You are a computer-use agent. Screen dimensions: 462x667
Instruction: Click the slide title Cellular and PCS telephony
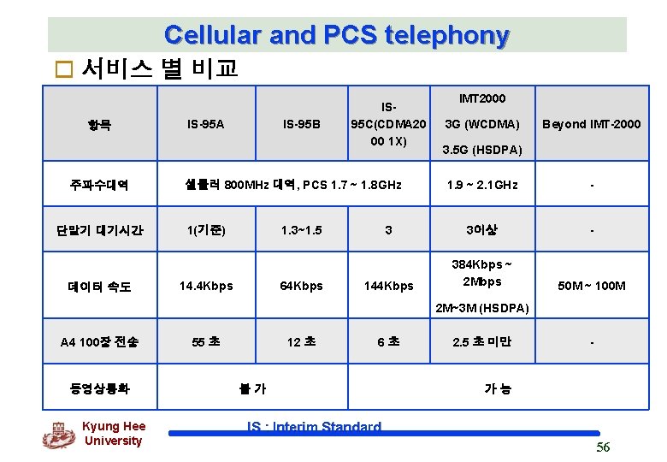point(337,35)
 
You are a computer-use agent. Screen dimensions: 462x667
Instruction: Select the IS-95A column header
point(205,125)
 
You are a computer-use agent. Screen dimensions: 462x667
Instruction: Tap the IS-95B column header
point(301,125)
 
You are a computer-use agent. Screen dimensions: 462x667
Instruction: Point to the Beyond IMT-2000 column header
point(590,125)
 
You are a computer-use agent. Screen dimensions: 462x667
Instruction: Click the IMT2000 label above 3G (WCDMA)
point(482,99)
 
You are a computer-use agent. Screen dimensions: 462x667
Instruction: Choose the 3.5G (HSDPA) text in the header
point(482,151)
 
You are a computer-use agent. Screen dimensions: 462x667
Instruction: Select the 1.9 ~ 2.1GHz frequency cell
point(482,185)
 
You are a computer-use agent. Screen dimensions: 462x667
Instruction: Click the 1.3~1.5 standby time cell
point(301,230)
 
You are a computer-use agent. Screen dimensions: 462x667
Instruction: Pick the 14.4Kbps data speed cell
point(205,286)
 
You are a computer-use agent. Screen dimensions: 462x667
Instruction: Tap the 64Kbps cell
point(301,286)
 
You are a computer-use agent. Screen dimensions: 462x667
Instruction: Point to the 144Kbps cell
point(389,286)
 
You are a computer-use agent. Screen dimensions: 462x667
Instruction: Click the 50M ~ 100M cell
point(590,286)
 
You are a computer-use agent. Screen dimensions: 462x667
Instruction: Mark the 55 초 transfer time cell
point(205,342)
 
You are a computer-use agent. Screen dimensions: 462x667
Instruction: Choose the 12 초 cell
point(301,342)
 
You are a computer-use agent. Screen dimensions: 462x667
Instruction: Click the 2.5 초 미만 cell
point(482,342)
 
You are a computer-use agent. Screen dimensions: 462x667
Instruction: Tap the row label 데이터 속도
point(100,287)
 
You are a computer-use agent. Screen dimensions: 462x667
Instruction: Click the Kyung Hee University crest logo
point(58,435)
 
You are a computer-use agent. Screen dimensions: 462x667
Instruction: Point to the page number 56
point(603,447)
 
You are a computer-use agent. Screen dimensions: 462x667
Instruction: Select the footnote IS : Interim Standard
point(314,427)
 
